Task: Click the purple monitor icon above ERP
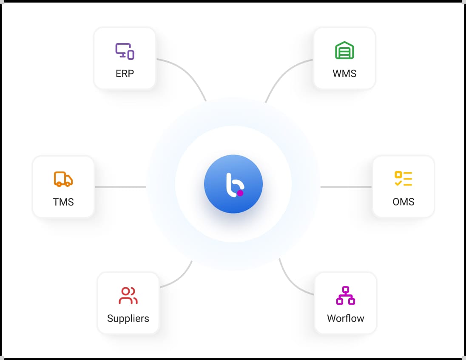[x=125, y=51]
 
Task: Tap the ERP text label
[x=125, y=74]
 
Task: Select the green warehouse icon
[x=344, y=50]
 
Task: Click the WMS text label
[x=344, y=74]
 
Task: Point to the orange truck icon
[x=63, y=179]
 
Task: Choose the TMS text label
[x=63, y=202]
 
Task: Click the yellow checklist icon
[x=403, y=179]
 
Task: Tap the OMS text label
[x=403, y=202]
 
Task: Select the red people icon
[x=128, y=295]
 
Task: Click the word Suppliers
[x=128, y=318]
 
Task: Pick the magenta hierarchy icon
[x=346, y=295]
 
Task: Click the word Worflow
[x=346, y=318]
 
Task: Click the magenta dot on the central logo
[x=240, y=193]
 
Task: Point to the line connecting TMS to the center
[x=121, y=187]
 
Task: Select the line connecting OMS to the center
[x=346, y=187]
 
